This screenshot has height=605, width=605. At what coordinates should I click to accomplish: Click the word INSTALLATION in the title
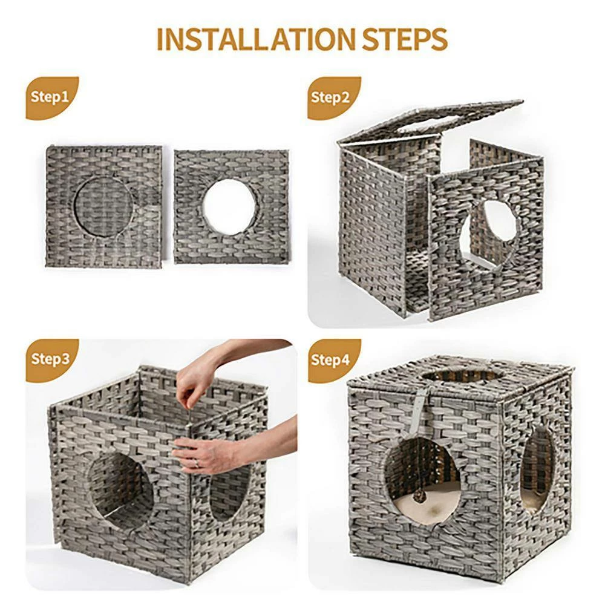pyautogui.click(x=256, y=39)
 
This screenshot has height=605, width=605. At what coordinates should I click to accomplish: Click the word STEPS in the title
pyautogui.click(x=405, y=39)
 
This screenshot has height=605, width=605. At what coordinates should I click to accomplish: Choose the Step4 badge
pyautogui.click(x=333, y=359)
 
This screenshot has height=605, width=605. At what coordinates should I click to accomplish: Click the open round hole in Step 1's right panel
pyautogui.click(x=229, y=207)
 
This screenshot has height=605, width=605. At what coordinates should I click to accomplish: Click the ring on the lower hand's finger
pyautogui.click(x=197, y=463)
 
